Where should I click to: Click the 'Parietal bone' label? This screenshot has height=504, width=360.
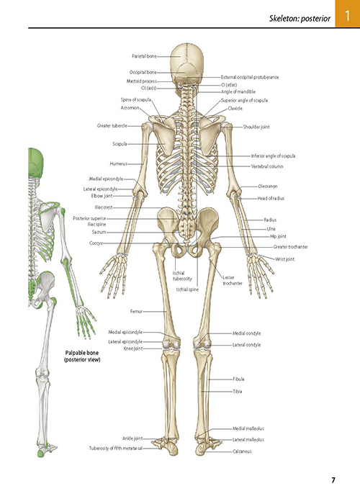coord(144,56)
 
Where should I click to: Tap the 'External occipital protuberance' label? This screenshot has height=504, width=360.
coord(250,77)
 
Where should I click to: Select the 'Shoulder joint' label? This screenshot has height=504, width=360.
coord(256,127)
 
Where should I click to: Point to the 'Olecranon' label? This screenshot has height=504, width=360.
coord(267,186)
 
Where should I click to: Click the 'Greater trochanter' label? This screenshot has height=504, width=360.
coord(291,247)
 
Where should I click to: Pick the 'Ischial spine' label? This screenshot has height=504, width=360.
coord(187,289)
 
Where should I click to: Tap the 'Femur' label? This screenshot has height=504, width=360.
coord(136,312)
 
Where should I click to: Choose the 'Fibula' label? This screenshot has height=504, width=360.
coord(238,379)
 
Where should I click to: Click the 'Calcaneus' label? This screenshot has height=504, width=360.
coord(242,451)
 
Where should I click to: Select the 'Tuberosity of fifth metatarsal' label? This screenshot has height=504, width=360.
coord(116,449)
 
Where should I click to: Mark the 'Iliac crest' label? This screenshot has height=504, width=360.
coord(104,207)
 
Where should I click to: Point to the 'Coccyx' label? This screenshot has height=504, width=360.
coord(96,243)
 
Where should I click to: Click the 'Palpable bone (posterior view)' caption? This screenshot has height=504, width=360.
coord(82,356)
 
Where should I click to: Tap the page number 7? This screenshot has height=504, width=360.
coord(333,480)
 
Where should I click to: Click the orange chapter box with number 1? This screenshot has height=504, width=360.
coord(348,14)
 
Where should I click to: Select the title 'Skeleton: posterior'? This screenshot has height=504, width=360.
coord(300,19)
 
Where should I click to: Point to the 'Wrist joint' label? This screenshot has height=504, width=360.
coord(284,259)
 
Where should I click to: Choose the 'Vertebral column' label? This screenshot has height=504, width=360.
coord(267,166)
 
